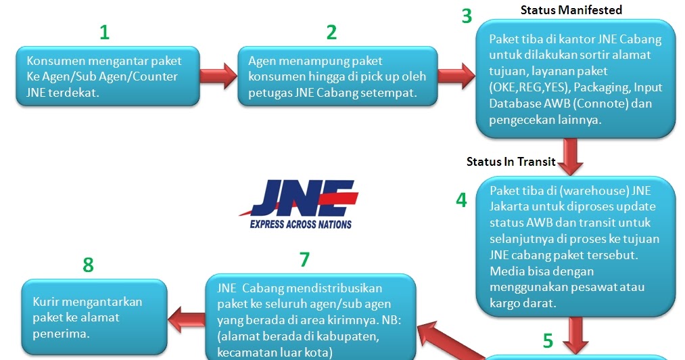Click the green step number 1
click(104, 32)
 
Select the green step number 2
click(331, 32)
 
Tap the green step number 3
click(467, 16)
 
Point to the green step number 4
click(462, 200)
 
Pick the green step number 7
click(304, 259)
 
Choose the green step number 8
click(88, 265)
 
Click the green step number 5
click(548, 339)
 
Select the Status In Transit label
click(511, 162)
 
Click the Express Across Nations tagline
click(301, 224)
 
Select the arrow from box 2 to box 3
click(458, 73)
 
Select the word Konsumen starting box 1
click(51, 60)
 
